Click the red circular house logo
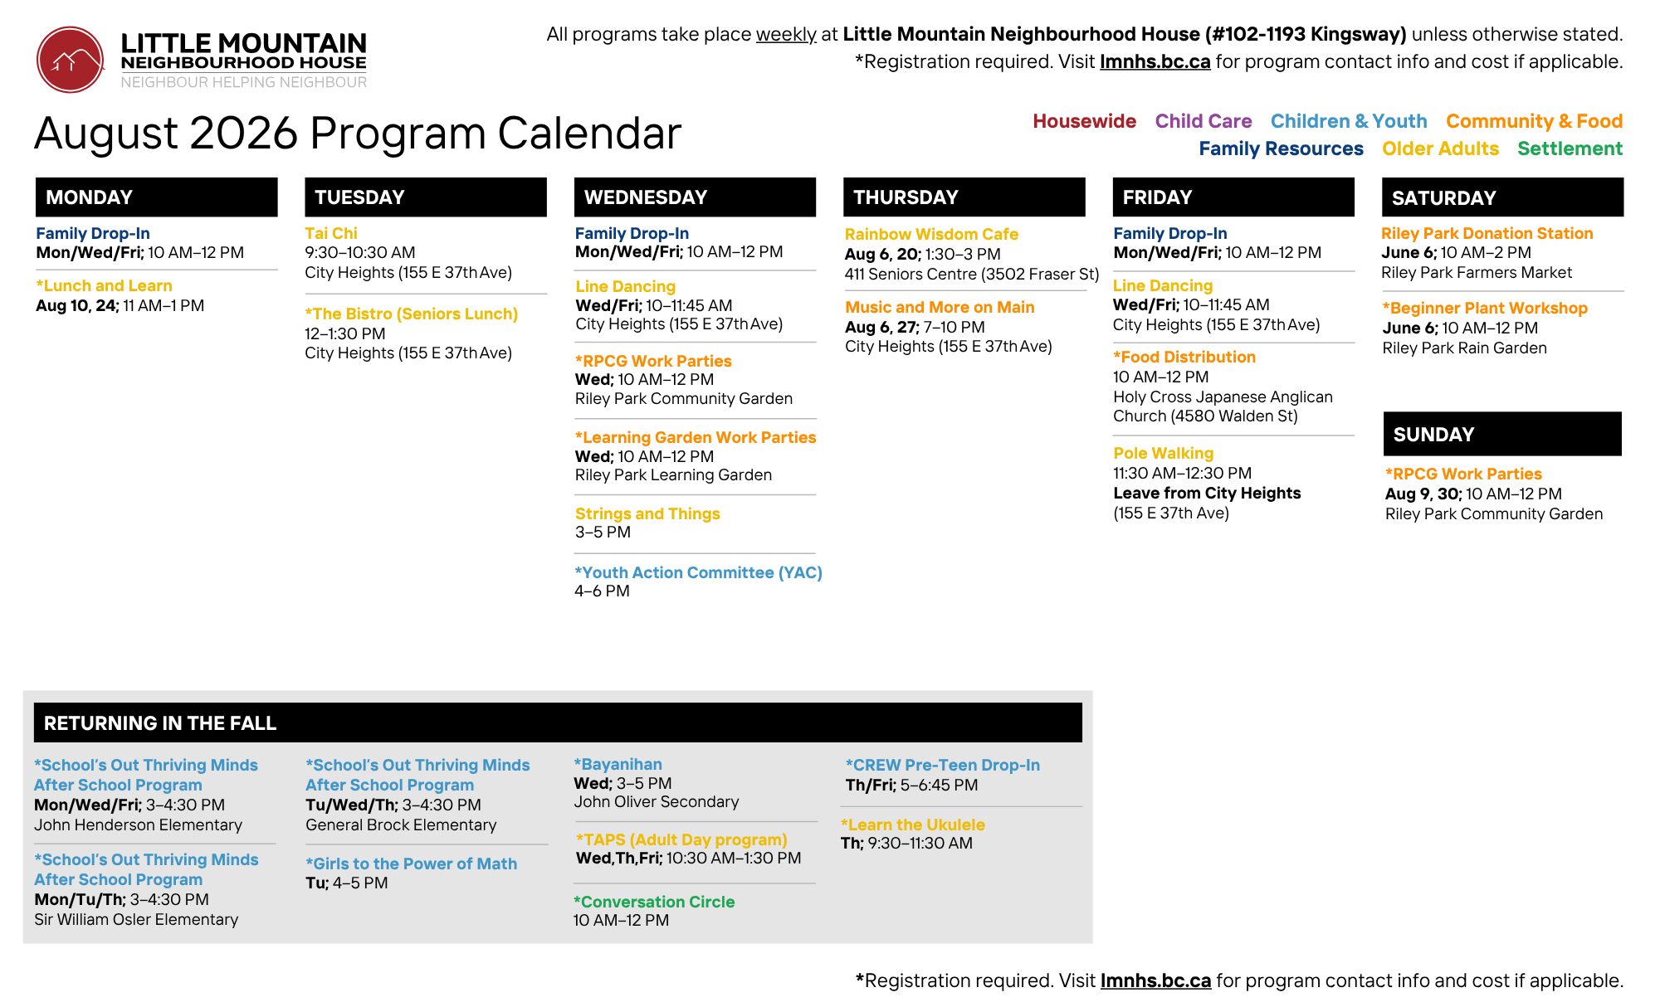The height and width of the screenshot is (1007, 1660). click(x=71, y=60)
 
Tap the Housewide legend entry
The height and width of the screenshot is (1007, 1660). click(x=1084, y=121)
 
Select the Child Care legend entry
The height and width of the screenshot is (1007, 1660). click(x=1203, y=121)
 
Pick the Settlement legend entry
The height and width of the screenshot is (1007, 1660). click(x=1570, y=148)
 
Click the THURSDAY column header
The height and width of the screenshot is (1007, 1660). click(x=964, y=197)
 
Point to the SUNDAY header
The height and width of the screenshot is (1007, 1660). click(x=1502, y=434)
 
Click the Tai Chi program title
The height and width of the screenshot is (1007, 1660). click(x=331, y=234)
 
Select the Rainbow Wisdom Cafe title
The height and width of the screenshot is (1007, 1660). click(x=931, y=235)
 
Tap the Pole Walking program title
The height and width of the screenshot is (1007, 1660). click(x=1163, y=454)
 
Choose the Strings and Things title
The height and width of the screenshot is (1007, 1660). click(x=647, y=514)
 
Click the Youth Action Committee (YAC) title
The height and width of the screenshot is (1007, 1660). click(x=698, y=573)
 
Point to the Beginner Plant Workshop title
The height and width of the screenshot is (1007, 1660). click(x=1485, y=309)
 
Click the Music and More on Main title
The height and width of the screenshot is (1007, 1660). click(x=940, y=308)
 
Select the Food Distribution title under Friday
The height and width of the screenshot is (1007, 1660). click(x=1184, y=358)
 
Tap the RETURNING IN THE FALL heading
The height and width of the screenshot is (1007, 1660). click(x=160, y=723)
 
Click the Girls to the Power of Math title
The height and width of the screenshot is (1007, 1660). click(x=411, y=864)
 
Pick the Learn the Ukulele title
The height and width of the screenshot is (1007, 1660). click(x=913, y=825)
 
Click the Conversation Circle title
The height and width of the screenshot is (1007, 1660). click(x=654, y=902)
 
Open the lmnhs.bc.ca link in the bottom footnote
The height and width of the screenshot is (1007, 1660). click(x=1155, y=981)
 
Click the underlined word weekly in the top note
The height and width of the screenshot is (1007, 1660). click(x=786, y=35)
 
